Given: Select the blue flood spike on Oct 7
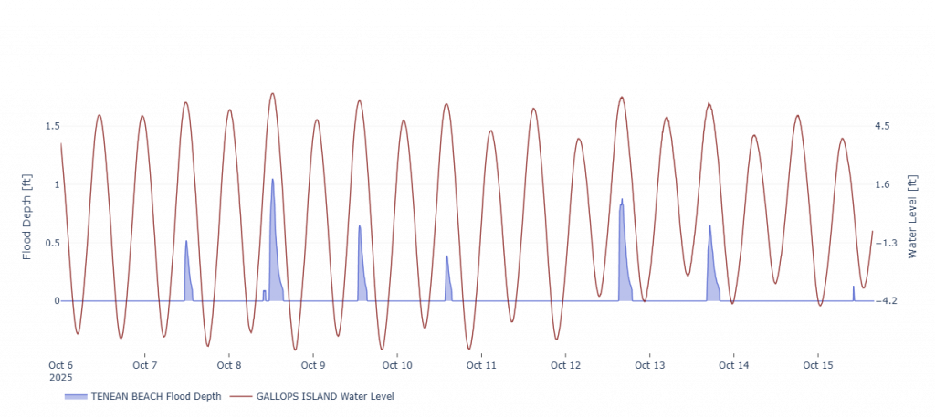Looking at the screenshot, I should coord(187,274).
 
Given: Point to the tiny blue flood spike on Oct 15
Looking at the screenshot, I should coord(854,294).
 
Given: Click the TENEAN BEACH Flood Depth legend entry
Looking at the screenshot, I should coord(155,397).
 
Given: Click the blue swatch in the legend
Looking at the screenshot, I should coord(76,397).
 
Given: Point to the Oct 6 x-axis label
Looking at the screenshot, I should coord(60,365).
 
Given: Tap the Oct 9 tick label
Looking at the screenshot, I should coord(313,365).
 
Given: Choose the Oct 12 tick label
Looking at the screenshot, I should coord(565,365).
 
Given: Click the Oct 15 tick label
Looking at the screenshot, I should coord(817,365).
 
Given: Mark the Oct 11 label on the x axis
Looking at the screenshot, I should coord(481,365).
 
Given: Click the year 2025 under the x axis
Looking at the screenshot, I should coord(60,377).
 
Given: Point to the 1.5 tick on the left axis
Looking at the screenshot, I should coord(51,126).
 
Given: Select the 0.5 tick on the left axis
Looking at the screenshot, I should coord(51,242).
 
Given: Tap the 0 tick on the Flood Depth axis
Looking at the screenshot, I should coord(56,300).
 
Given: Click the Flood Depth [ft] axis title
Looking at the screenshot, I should coord(27,216).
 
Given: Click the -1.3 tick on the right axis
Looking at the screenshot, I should coord(888,242).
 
